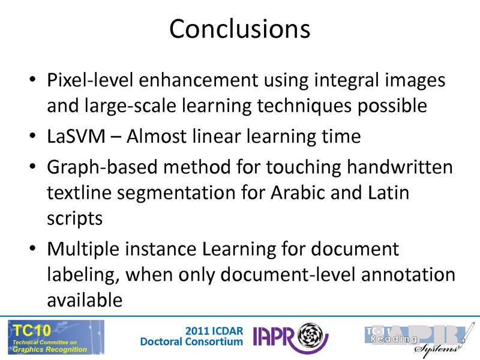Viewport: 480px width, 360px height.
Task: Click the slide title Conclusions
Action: (239, 29)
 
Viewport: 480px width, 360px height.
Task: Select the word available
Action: (85, 298)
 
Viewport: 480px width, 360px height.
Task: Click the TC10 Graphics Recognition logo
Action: (55, 337)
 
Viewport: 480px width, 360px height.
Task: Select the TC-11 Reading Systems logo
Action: (414, 337)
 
